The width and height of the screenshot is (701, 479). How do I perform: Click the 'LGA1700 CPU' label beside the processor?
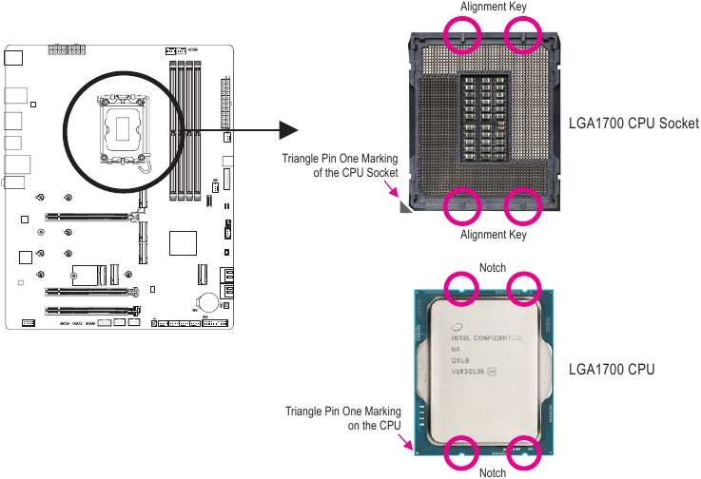[611, 368]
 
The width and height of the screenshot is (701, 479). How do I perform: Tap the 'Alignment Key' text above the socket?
[493, 7]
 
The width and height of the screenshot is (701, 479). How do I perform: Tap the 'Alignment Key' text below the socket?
[493, 235]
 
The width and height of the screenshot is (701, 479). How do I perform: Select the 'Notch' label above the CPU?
[493, 267]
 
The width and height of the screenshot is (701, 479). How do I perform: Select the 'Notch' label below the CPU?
[493, 472]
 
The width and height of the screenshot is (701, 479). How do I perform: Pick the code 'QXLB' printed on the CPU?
[461, 361]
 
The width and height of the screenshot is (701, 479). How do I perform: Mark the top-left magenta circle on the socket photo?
[462, 38]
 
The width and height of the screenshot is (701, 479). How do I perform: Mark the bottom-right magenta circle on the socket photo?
[522, 204]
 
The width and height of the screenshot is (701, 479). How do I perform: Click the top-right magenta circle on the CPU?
[523, 288]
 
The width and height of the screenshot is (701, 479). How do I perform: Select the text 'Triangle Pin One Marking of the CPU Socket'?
[340, 165]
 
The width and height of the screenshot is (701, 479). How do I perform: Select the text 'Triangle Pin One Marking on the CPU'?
[343, 418]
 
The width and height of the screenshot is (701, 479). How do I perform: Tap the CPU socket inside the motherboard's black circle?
[125, 129]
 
